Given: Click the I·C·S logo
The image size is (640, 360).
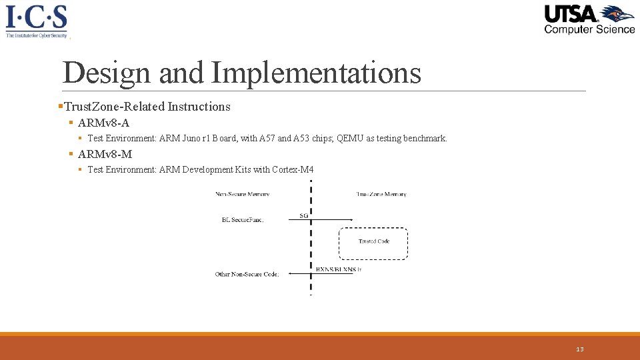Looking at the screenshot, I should tap(37, 21).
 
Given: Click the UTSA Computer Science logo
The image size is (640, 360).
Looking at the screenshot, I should tap(589, 19).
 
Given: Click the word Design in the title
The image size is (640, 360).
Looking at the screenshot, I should tap(107, 73).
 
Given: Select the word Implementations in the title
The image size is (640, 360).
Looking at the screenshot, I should tap(316, 73).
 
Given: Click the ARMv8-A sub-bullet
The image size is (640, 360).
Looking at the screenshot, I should tap(103, 123).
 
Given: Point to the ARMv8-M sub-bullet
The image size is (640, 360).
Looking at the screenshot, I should tap(105, 154).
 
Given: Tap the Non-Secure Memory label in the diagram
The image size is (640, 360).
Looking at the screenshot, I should tap(242, 194).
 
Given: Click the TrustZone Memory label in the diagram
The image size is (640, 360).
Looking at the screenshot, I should tap(381, 194).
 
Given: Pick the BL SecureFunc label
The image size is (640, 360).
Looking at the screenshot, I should tap(243, 219).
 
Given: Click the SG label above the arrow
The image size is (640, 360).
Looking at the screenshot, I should tap(303, 215).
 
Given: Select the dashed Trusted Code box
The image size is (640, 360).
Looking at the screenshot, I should tap(373, 243).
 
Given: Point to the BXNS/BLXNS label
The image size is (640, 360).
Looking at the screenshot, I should tap(338, 269).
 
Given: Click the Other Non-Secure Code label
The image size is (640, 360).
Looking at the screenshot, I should tap(247, 274).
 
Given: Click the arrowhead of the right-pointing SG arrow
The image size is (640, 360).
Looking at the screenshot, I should tap(351, 219).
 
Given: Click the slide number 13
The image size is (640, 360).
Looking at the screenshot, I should tap(580, 349).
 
